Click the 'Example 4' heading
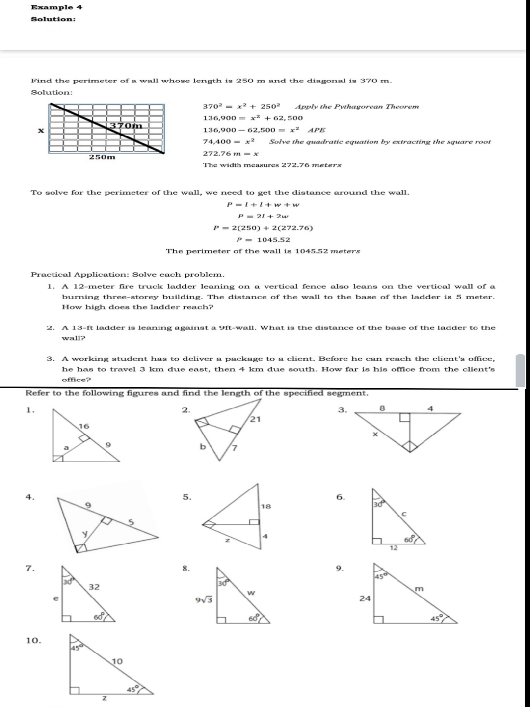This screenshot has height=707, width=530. [x=57, y=7]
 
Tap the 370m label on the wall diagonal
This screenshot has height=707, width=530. [x=126, y=126]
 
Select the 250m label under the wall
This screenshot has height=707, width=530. [x=102, y=157]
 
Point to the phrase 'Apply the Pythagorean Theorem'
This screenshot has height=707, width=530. [x=357, y=106]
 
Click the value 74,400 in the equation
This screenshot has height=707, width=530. [x=216, y=141]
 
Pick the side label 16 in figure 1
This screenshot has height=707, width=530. [x=84, y=426]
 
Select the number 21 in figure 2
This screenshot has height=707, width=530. [x=256, y=419]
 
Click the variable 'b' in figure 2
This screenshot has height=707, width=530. [x=202, y=446]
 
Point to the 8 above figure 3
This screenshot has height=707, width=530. [x=383, y=408]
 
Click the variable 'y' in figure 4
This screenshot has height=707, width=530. [x=84, y=533]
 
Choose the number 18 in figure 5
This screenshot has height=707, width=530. [x=265, y=506]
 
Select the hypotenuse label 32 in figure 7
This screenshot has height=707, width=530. [x=94, y=587]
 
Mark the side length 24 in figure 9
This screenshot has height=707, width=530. [x=365, y=598]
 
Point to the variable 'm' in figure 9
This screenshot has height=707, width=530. [x=419, y=588]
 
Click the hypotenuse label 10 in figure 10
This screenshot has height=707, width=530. [x=117, y=661]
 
